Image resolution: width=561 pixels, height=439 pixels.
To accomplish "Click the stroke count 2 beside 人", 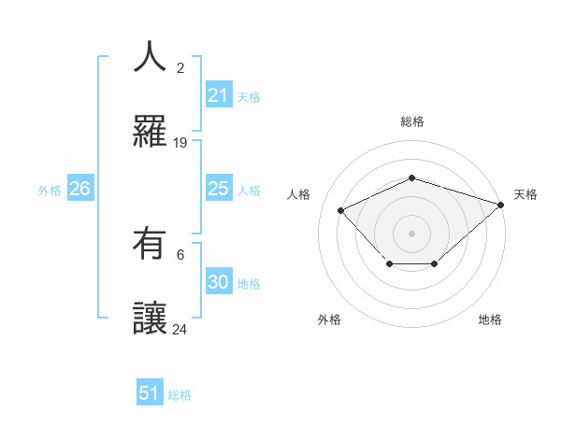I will coord(180,67).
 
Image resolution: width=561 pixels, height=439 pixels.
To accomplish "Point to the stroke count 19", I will coord(180,143).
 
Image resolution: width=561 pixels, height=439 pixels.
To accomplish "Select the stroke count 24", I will coord(180,329).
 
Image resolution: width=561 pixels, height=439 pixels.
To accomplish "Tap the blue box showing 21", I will coord(218,95).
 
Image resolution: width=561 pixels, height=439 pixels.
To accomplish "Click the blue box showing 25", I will coord(218,189).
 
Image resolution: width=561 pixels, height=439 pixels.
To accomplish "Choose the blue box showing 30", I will coord(218,282).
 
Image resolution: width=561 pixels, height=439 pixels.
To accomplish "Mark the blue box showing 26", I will coord(79,189).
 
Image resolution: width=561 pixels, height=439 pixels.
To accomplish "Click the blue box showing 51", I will coord(150,393).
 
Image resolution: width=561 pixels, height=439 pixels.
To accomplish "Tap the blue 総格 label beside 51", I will coord(180,395).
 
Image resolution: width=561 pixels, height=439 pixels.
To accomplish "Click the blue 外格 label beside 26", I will coord(50,190).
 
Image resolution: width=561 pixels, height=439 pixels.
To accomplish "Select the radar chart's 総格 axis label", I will coord(411,121).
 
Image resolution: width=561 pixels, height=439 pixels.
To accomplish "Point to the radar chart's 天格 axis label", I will coord(525,194).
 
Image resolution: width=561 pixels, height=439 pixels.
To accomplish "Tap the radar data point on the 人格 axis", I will coord(341,210).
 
